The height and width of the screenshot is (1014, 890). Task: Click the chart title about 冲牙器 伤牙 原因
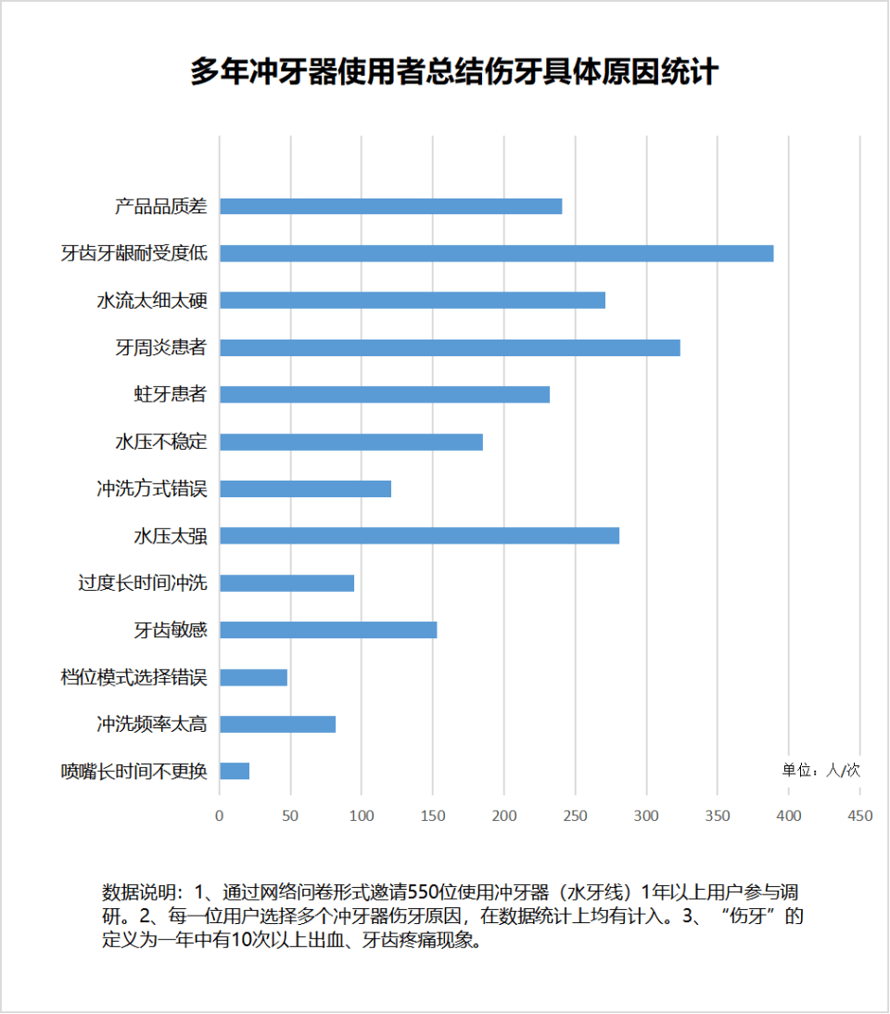453,72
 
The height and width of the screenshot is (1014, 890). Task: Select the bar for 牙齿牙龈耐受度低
496,253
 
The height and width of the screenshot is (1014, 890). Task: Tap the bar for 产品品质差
390,206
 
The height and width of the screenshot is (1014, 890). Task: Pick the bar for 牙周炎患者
450,348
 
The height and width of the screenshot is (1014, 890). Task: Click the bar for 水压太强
419,536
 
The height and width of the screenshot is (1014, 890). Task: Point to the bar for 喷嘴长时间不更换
235,771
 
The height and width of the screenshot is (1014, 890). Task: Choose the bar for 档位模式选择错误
253,677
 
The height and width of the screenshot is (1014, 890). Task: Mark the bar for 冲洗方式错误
305,489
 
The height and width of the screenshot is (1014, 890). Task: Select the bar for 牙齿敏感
328,630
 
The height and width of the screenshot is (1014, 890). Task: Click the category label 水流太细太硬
151,301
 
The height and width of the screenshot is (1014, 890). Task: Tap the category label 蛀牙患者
170,394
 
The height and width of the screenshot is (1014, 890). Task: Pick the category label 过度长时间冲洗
142,584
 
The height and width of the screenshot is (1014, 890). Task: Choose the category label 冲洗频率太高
151,724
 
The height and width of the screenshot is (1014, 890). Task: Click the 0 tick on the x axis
220,816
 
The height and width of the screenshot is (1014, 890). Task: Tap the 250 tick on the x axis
576,816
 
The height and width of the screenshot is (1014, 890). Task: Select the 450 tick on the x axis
860,816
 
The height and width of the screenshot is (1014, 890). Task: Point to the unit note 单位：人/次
820,771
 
